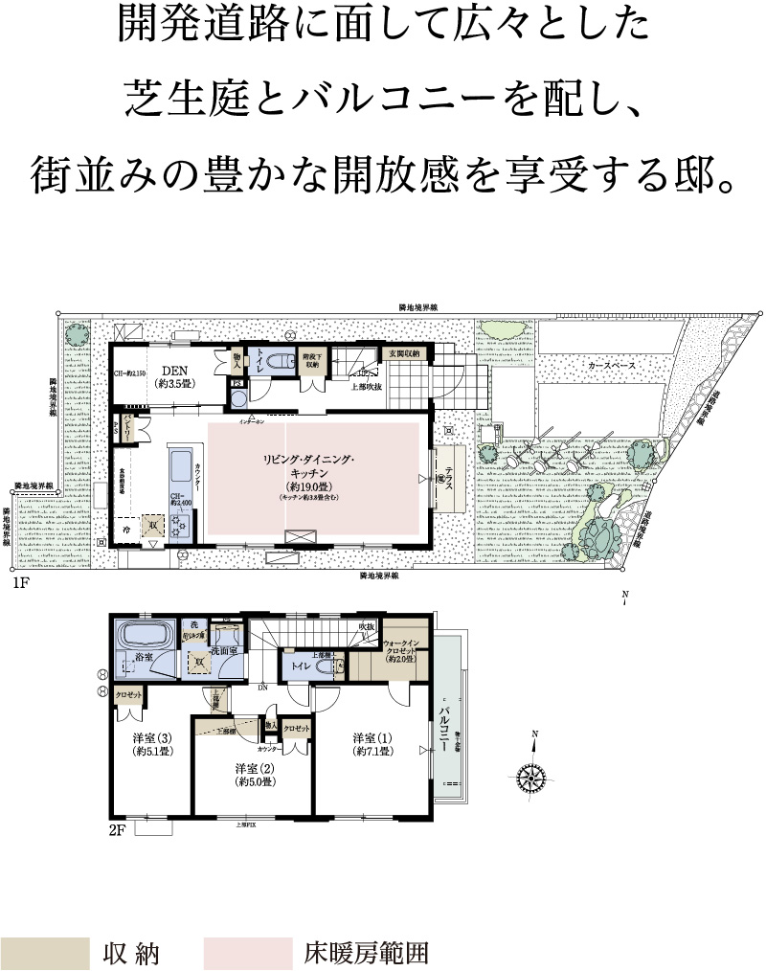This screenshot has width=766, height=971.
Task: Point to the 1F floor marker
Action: click(20, 582)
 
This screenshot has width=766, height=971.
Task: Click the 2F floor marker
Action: click(117, 830)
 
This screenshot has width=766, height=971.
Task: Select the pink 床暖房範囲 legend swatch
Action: click(247, 953)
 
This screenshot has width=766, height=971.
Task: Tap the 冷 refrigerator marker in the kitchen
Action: click(125, 528)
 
